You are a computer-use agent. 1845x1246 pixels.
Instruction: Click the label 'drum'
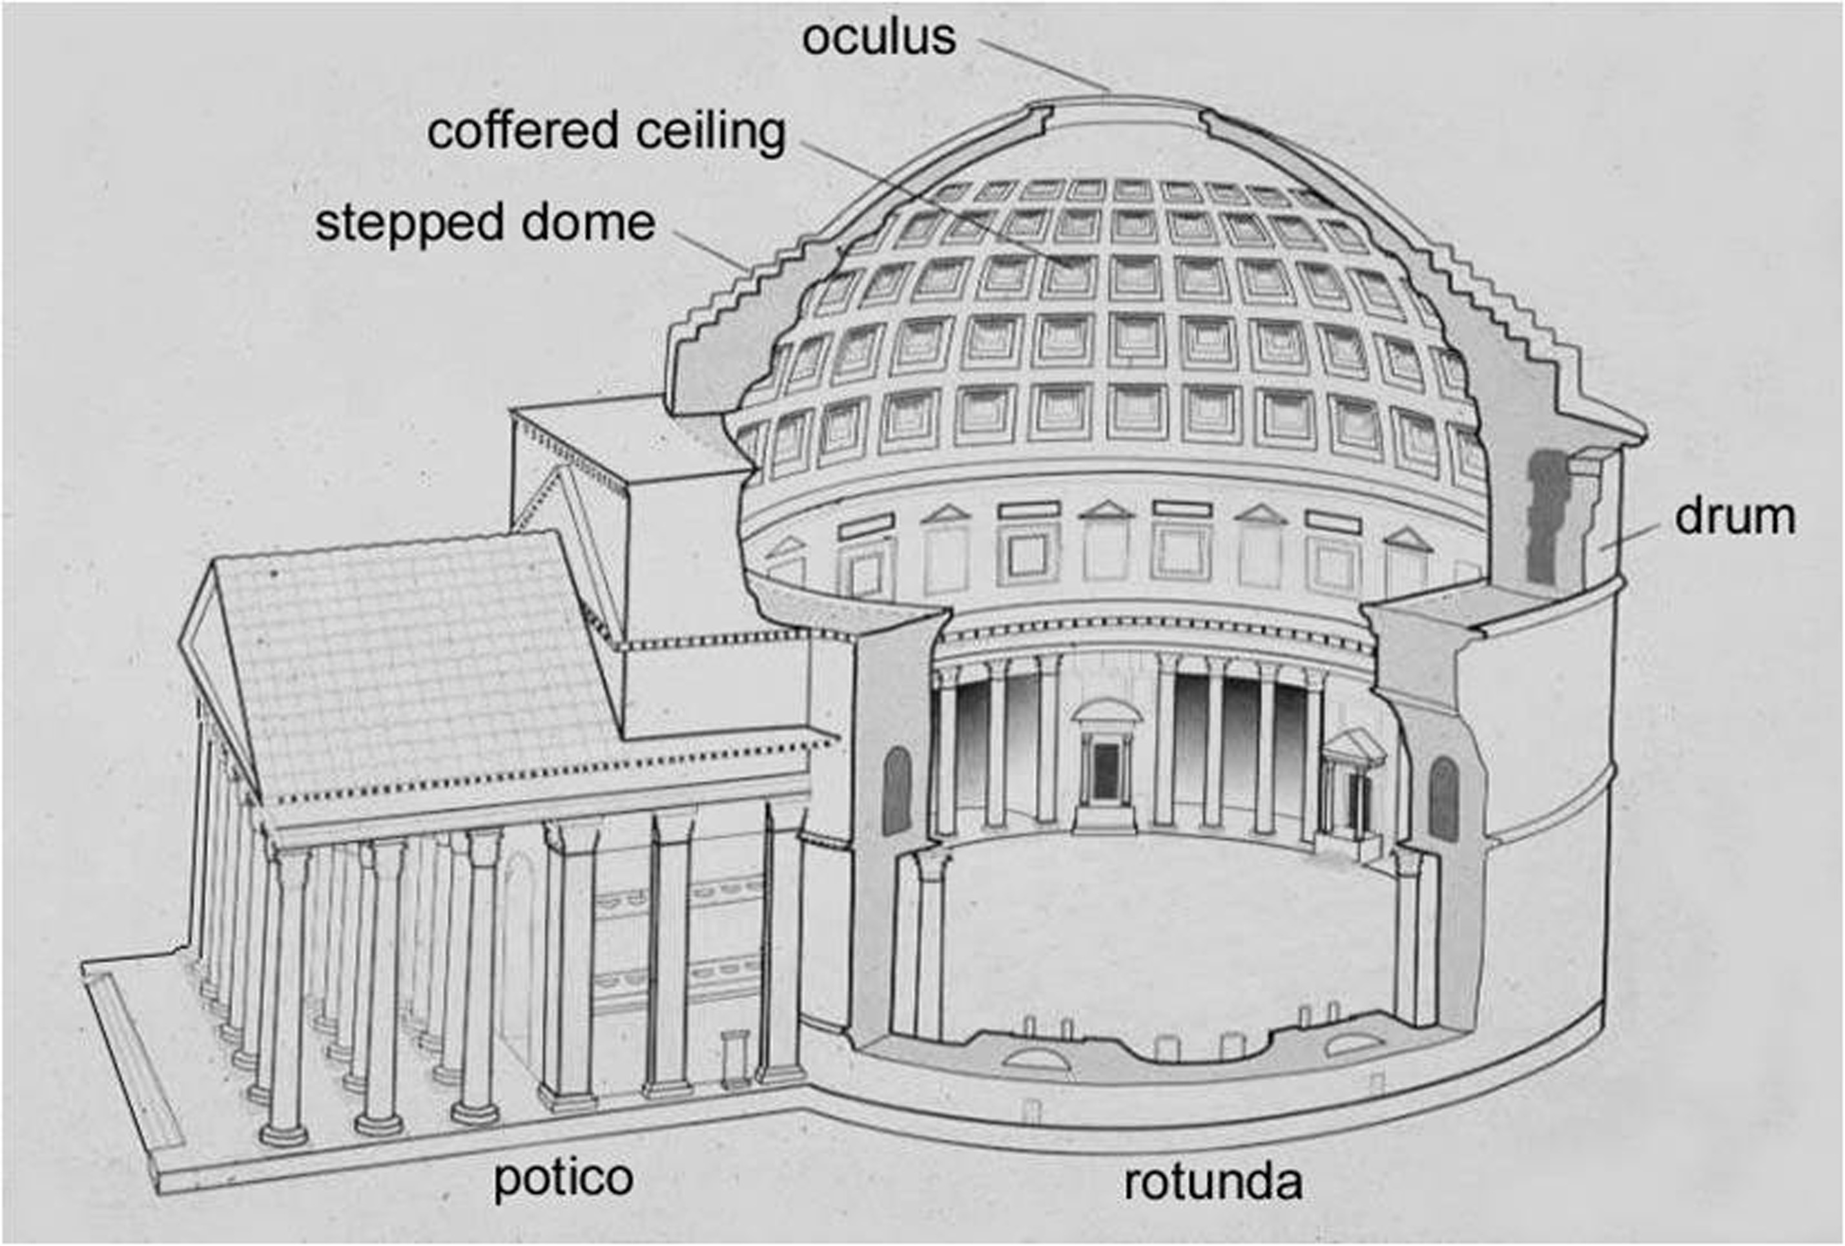point(1735,517)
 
